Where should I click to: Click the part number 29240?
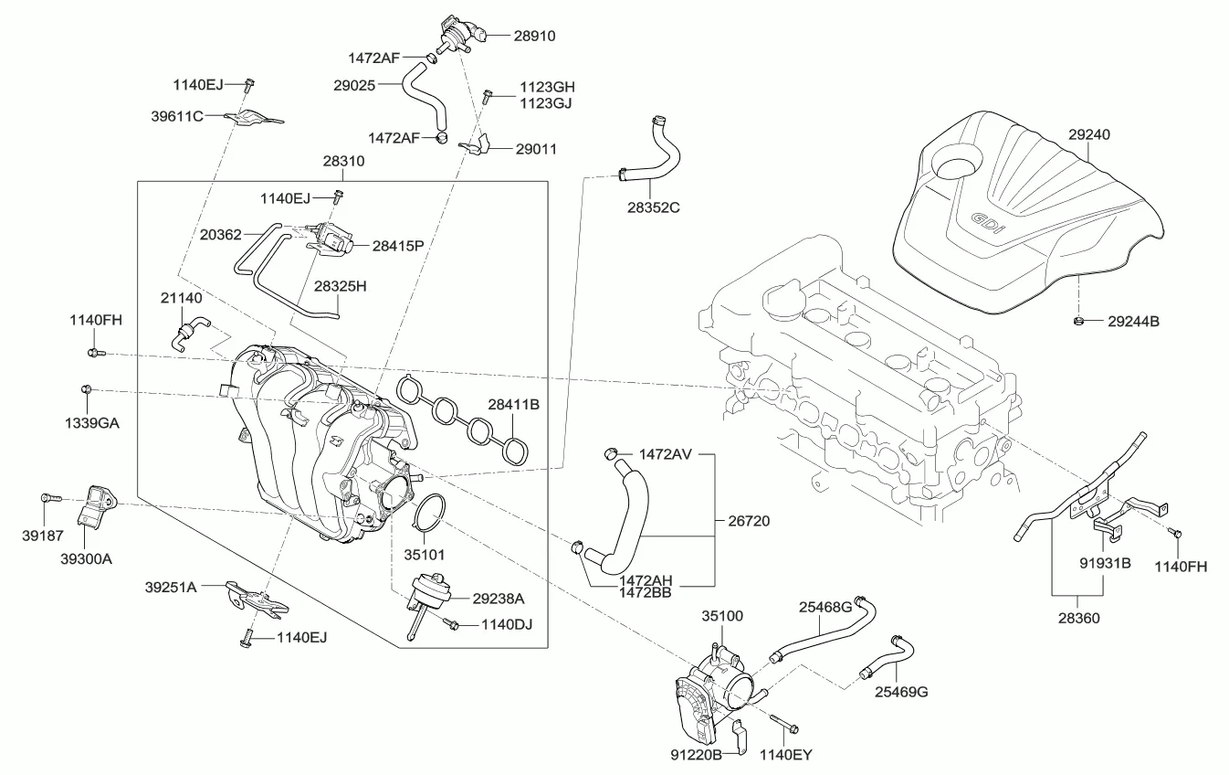click(x=1089, y=133)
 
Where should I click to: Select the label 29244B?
click(x=1133, y=322)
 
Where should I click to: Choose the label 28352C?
click(x=653, y=207)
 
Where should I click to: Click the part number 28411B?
click(x=513, y=403)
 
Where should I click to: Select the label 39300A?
click(x=86, y=557)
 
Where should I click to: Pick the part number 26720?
click(x=749, y=521)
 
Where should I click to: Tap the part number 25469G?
click(x=902, y=692)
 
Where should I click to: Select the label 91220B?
click(x=698, y=755)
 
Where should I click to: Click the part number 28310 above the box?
click(x=343, y=161)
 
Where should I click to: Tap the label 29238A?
click(x=499, y=599)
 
